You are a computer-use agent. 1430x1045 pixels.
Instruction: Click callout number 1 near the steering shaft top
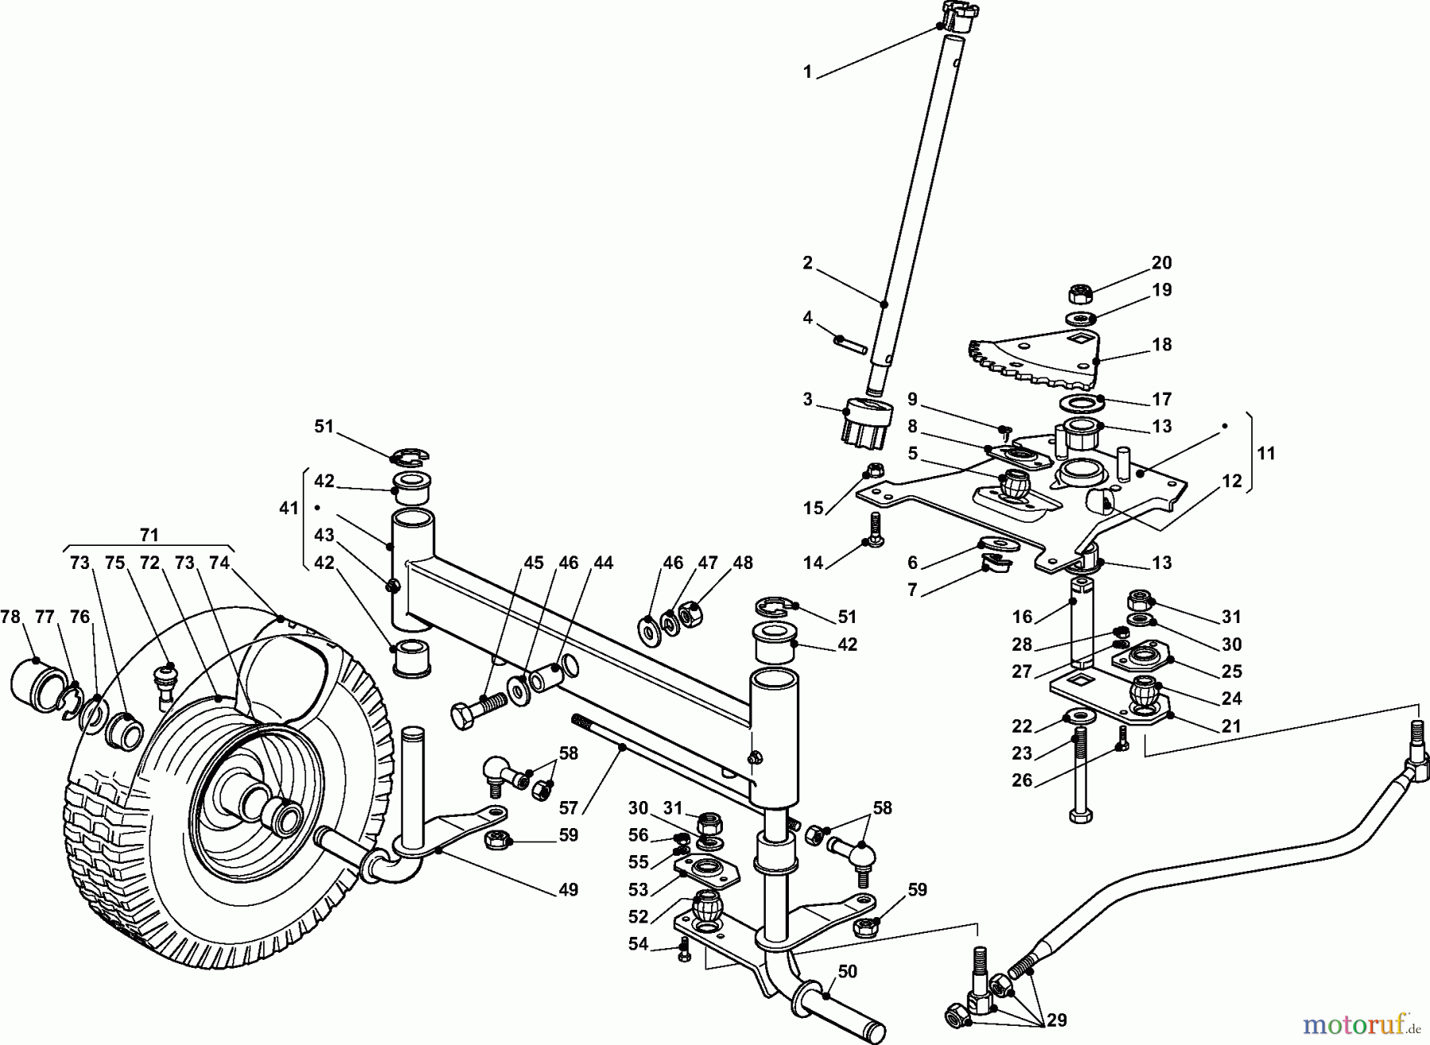point(807,72)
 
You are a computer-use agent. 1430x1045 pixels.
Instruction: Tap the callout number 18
point(1161,345)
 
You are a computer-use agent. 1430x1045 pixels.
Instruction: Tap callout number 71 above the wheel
point(149,534)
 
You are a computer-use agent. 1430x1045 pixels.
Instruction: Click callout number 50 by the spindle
point(847,972)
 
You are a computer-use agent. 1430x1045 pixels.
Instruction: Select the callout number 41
point(288,507)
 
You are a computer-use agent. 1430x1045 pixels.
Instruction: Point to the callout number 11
point(1266,453)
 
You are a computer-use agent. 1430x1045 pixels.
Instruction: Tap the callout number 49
point(567,889)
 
